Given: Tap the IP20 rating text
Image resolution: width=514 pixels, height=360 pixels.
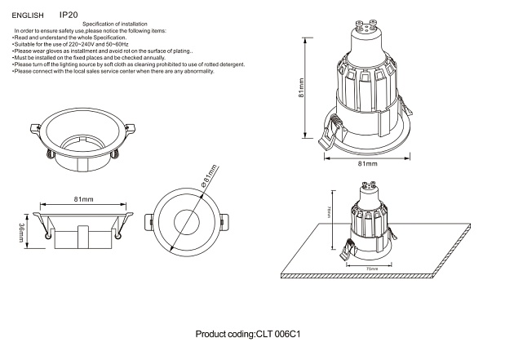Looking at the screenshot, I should coord(69,15).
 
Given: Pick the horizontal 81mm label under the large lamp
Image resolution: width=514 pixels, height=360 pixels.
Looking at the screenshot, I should coord(368,164).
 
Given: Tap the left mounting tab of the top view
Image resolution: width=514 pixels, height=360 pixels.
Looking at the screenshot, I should coord(148,221).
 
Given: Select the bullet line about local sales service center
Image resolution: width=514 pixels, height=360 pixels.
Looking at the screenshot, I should coord(113,71).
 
